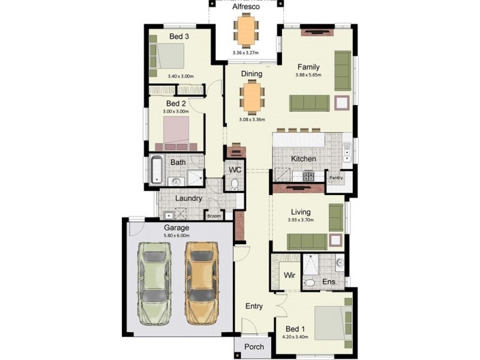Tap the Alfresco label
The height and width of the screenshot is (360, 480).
coord(246,7)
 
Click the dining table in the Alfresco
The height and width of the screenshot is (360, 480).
coord(245,31)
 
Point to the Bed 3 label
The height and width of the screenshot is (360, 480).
coord(179,37)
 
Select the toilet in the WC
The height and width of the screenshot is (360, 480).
coord(235,184)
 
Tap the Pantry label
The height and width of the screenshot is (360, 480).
coord(335,178)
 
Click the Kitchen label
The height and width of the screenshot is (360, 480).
coord(304,159)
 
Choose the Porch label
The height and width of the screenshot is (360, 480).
coord(254,347)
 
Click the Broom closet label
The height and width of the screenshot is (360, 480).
coord(214,216)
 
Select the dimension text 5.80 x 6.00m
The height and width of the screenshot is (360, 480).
coord(176,236)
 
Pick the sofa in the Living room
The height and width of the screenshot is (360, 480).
coord(307,241)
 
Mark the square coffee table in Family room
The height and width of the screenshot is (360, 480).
coord(343,103)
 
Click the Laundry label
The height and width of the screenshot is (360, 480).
coord(188,199)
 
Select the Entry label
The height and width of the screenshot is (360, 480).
coord(254,306)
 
